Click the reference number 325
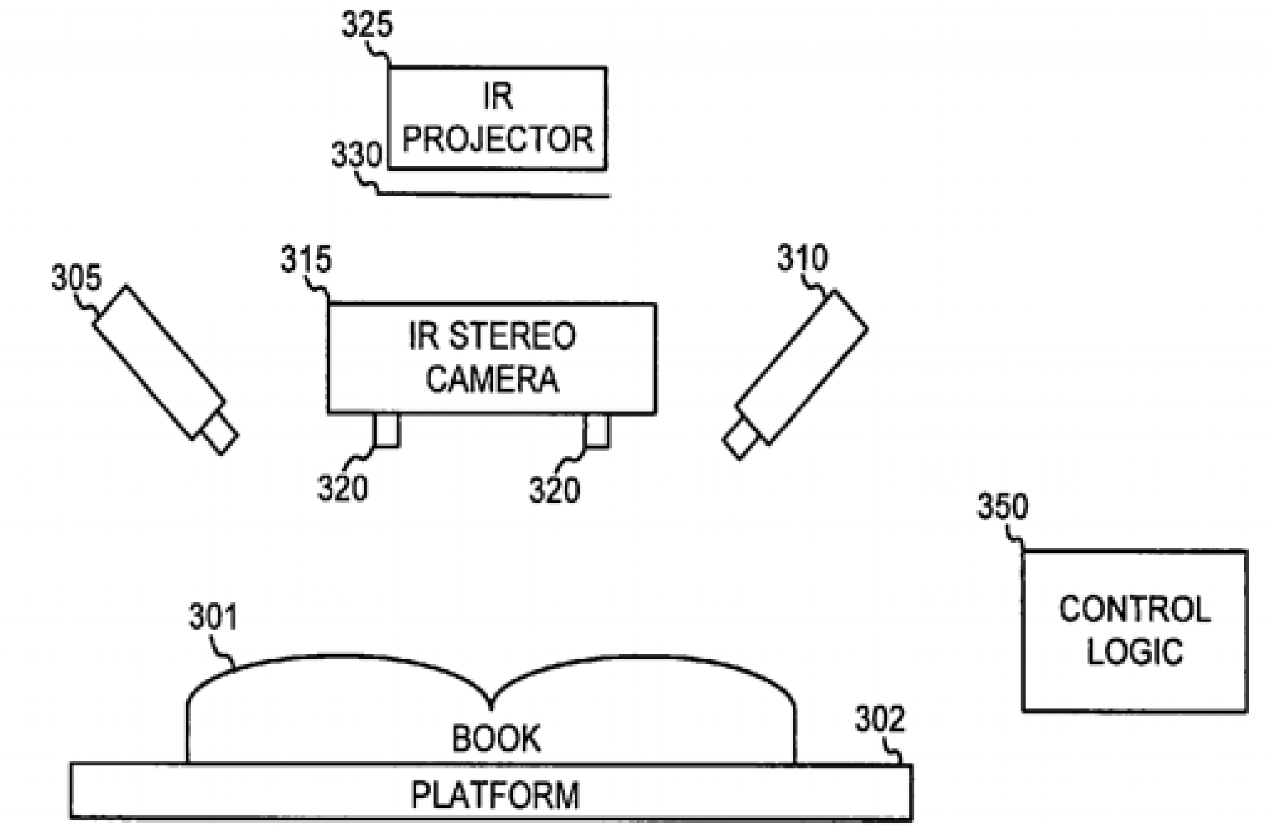tap(367, 26)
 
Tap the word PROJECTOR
tap(497, 139)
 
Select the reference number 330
tap(356, 155)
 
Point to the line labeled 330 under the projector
tap(496, 196)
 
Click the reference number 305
tap(76, 278)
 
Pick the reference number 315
tap(306, 259)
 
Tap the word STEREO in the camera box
tap(512, 336)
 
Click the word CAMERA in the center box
tap(492, 379)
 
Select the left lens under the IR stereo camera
tap(386, 430)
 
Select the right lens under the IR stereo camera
tap(596, 430)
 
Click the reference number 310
tap(802, 258)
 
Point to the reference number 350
tap(1002, 507)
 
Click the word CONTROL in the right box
tap(1134, 609)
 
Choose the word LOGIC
tap(1134, 652)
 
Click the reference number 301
tap(213, 618)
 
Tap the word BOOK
tap(495, 739)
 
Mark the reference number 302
tap(879, 720)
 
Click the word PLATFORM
tap(495, 795)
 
